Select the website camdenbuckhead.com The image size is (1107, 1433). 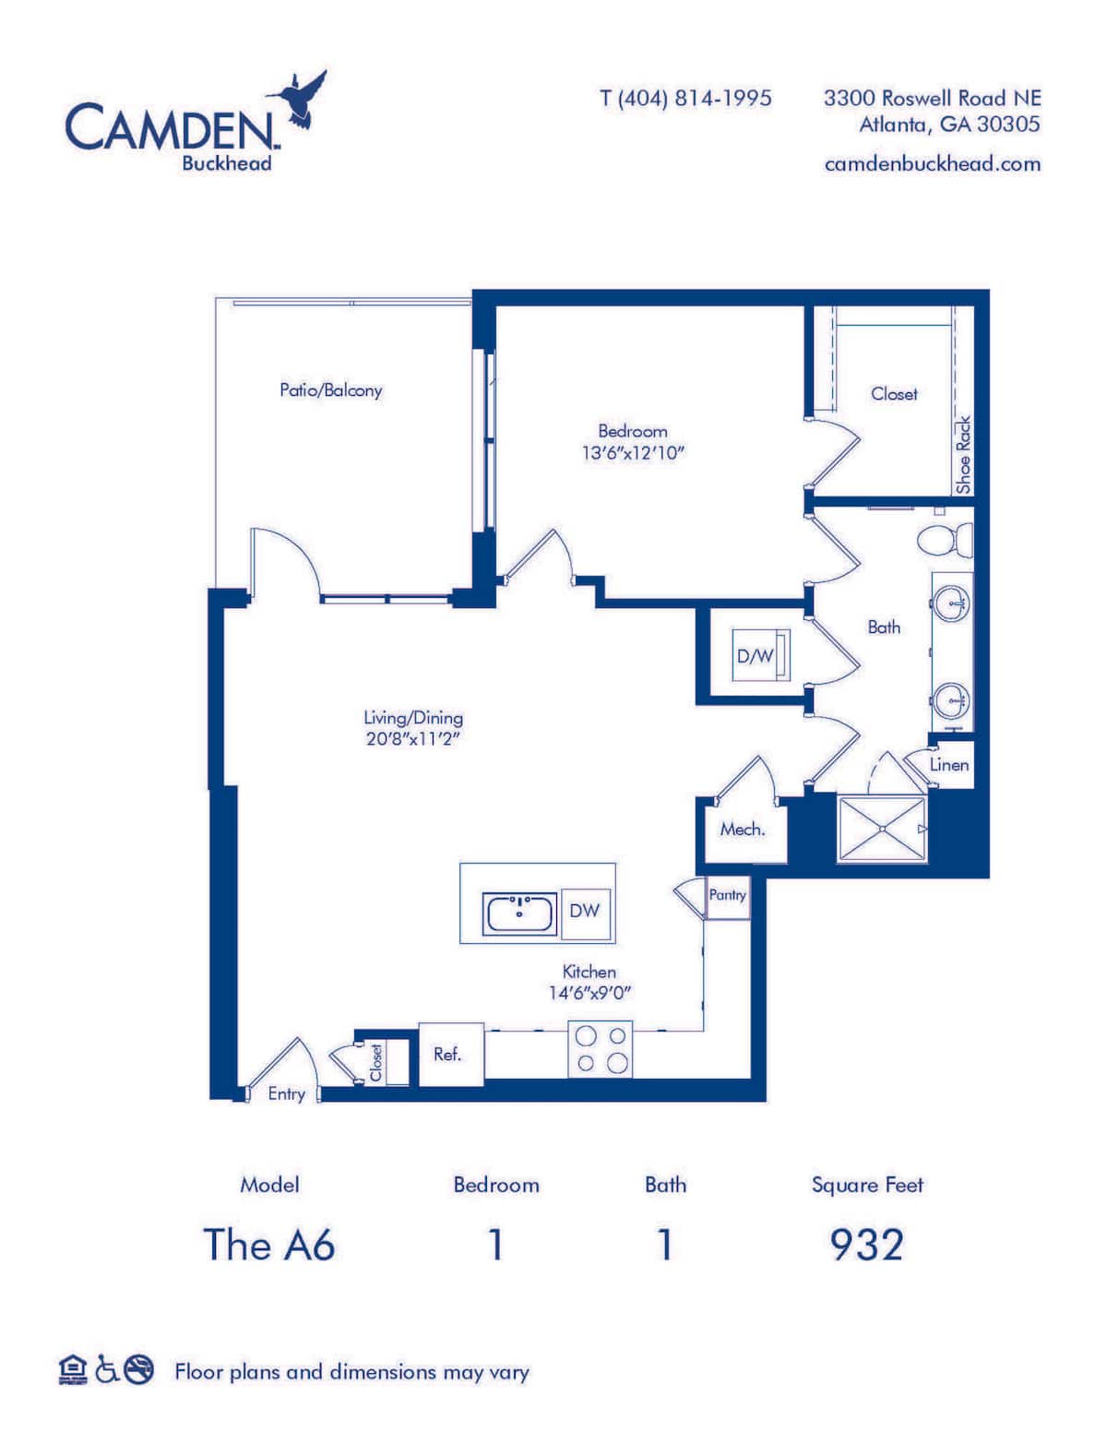point(932,164)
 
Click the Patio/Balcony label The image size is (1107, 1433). point(330,390)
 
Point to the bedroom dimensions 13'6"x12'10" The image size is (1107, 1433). point(633,453)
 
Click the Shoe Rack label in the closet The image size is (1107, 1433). point(963,454)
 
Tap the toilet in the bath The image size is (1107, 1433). point(946,539)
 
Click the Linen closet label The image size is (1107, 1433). point(948,765)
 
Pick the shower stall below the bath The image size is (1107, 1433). point(881,830)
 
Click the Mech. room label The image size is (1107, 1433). point(742,830)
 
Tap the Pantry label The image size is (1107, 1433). point(727,895)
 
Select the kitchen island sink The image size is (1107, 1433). point(519,914)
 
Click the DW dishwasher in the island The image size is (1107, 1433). point(585,911)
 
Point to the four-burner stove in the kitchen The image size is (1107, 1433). point(601,1049)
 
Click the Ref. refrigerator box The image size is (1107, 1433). point(450,1054)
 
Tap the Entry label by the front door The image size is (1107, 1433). point(286,1093)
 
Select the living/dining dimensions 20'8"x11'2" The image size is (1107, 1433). point(412,739)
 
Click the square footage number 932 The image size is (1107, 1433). point(866,1245)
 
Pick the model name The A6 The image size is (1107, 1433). point(268,1245)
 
